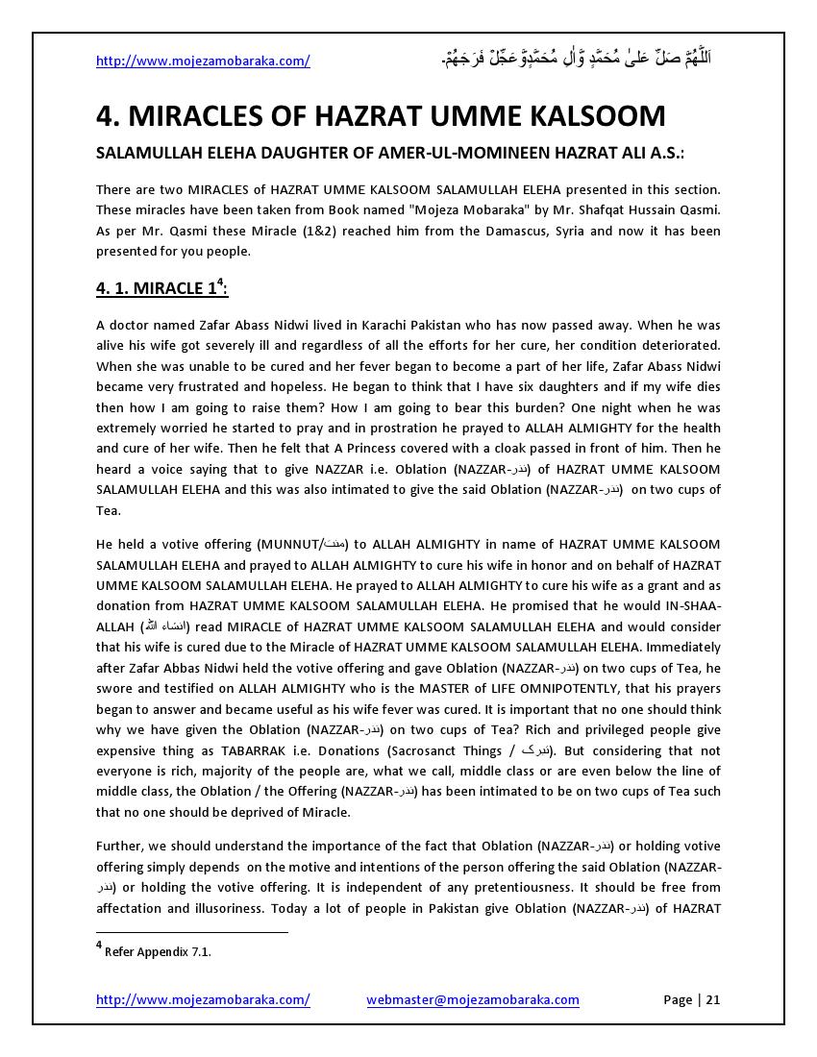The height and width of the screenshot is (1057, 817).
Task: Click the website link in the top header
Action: (203, 61)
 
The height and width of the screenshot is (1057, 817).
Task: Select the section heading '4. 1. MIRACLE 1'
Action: (161, 288)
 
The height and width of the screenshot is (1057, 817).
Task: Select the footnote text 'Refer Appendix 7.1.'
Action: (158, 952)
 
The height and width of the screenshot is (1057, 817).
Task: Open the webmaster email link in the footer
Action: (473, 999)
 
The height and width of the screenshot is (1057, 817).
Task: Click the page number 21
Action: (713, 999)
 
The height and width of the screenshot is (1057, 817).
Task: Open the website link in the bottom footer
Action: (203, 999)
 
